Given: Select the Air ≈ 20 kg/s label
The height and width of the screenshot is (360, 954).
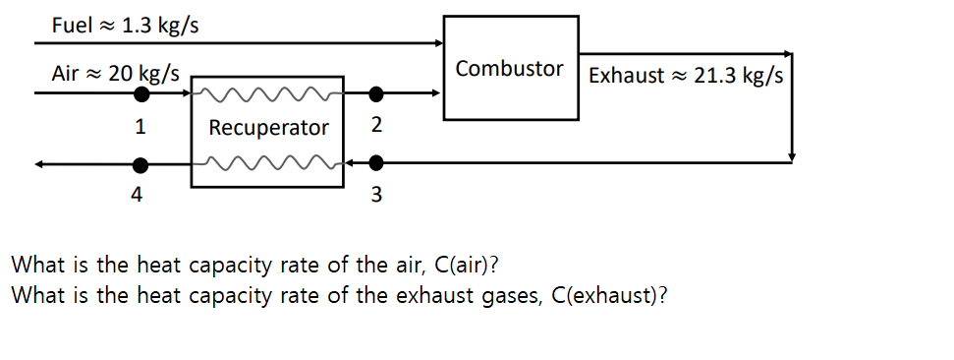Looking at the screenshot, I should [x=116, y=74].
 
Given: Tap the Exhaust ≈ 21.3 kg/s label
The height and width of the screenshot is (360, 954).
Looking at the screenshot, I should [x=685, y=76].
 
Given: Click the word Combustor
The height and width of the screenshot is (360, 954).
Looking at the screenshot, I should [x=510, y=69].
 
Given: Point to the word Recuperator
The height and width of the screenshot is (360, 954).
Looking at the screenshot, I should [x=268, y=128].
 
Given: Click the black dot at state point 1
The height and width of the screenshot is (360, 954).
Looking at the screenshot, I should [x=142, y=94].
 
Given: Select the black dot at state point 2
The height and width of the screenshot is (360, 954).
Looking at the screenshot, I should [x=375, y=94].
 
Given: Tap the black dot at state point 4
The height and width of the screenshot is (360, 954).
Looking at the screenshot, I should [x=142, y=164].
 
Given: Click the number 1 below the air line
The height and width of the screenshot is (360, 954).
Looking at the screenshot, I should [x=140, y=127].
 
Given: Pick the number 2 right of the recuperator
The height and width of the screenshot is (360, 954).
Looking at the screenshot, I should [x=376, y=127].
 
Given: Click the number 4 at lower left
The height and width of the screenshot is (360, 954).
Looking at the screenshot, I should [x=137, y=195].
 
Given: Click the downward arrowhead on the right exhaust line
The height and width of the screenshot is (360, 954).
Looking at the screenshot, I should [x=792, y=156].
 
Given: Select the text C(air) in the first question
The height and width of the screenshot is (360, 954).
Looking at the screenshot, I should [x=466, y=265].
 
